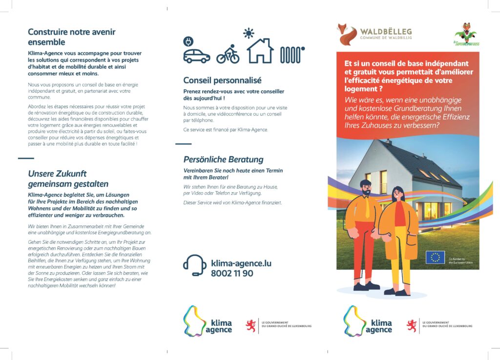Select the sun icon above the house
pos(250,33)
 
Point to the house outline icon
pos(260,51)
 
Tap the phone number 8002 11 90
pos(232,273)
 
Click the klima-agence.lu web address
pos(241,263)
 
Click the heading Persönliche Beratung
pos(223,160)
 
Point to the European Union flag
pos(435,258)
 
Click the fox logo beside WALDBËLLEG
pos(348,34)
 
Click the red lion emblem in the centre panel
pos(251,325)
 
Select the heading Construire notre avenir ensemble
pos(72,37)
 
